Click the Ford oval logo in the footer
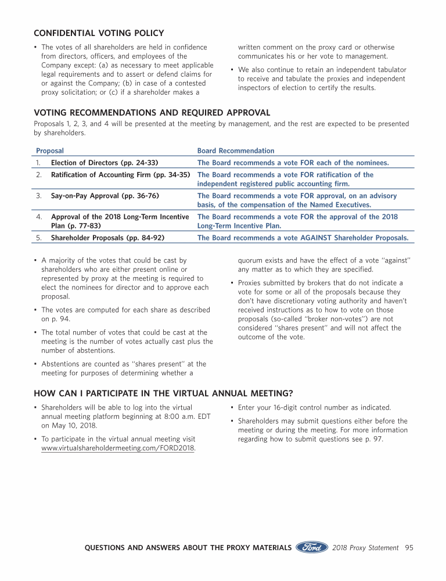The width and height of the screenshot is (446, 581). pyautogui.click(x=312, y=547)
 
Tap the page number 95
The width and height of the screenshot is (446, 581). pyautogui.click(x=409, y=547)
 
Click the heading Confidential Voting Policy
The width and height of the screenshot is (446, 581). pyautogui.click(x=99, y=33)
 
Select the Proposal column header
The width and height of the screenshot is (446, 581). pyautogui.click(x=50, y=150)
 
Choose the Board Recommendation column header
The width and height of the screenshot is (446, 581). pyautogui.click(x=236, y=150)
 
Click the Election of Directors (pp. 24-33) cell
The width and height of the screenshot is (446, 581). pyautogui.click(x=105, y=163)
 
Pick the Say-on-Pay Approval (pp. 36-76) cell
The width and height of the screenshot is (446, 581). pyautogui.click(x=105, y=196)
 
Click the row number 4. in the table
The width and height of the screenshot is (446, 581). pyautogui.click(x=39, y=217)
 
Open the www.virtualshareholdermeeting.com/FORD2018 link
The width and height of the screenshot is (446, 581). pyautogui.click(x=118, y=448)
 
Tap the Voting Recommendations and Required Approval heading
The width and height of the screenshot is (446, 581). pyautogui.click(x=152, y=113)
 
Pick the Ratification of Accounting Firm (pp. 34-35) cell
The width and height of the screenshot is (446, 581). pyautogui.click(x=121, y=175)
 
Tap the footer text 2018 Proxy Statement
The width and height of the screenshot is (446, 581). pyautogui.click(x=366, y=547)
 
